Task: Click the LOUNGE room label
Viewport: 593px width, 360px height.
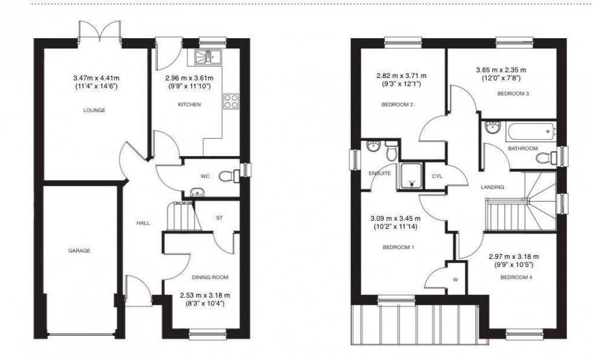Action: point(94,110)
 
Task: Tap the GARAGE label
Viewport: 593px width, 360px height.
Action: point(79,250)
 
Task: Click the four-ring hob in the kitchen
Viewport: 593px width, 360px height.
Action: point(231,102)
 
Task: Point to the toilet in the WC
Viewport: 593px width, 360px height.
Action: point(229,176)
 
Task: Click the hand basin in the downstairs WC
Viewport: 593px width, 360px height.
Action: point(197,192)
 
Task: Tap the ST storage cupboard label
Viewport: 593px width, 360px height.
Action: point(219,218)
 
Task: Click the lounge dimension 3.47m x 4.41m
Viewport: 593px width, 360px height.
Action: point(96,78)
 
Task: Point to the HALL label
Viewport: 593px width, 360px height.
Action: point(143,223)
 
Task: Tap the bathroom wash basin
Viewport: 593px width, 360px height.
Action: point(493,128)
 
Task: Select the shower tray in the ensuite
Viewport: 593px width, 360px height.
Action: point(411,176)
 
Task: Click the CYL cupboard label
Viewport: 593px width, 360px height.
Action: point(437,176)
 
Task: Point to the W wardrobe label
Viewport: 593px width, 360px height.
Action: point(455,280)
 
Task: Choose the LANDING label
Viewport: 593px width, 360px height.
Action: point(493,187)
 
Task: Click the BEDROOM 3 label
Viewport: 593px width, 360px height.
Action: point(513,94)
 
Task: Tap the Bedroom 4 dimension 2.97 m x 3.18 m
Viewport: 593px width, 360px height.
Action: point(514,257)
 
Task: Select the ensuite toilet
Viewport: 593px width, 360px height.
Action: point(392,150)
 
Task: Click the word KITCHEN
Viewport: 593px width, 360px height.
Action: point(189,105)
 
